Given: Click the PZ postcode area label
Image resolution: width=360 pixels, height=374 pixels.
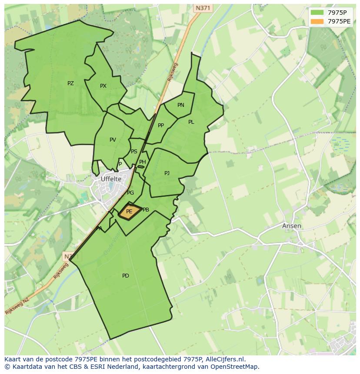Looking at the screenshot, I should [70, 83].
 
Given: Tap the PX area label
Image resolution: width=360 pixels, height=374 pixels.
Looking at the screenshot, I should [103, 86].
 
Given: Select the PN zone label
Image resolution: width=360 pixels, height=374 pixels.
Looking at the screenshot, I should [181, 105].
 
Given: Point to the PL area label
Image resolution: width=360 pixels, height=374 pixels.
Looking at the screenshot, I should [191, 122].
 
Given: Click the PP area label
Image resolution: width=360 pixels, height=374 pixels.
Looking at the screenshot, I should [161, 126].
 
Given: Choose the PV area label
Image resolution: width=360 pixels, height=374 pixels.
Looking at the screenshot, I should [113, 140].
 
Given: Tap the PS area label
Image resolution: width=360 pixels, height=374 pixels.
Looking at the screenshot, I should [134, 152].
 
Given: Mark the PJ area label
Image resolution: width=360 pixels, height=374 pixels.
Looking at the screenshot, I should [167, 173].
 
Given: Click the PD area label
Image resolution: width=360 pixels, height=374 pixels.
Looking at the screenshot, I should [126, 276].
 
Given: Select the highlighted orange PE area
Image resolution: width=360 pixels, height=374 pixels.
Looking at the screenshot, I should [129, 212].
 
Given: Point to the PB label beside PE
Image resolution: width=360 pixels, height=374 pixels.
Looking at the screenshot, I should [146, 210].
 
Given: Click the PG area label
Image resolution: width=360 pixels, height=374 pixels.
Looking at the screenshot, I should [130, 193].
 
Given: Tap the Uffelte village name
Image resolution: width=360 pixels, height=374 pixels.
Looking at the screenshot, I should [111, 179].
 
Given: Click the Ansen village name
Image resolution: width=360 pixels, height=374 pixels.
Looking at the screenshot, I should [291, 226].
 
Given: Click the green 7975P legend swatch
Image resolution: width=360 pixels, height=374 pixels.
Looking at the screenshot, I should [317, 13].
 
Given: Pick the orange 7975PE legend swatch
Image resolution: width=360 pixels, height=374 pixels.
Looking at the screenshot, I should [317, 21].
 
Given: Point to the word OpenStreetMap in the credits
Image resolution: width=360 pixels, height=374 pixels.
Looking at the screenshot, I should [235, 367].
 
